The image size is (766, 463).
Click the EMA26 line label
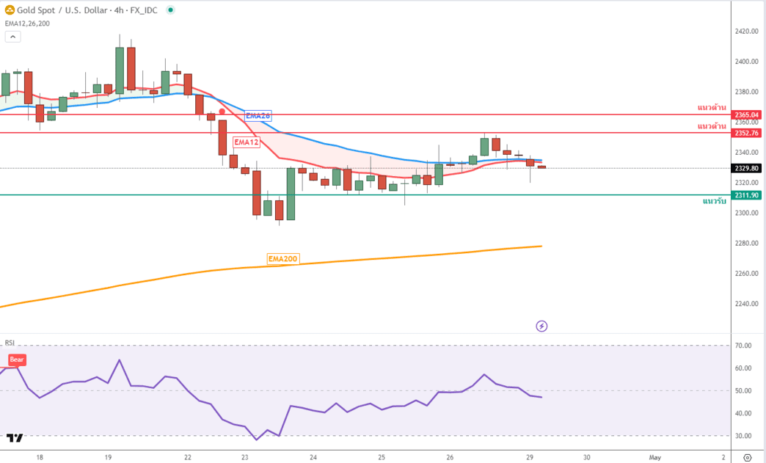point(258,116)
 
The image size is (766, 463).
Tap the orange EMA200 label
point(283,259)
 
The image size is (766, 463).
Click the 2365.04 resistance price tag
point(747,114)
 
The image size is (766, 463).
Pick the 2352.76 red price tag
point(747,133)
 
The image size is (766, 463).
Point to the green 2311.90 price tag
point(747,195)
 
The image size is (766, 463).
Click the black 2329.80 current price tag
point(747,168)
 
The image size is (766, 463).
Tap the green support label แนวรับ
point(714,201)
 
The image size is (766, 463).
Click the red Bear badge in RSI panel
point(17,360)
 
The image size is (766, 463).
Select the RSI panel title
point(10,343)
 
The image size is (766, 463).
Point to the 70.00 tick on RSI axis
point(743,346)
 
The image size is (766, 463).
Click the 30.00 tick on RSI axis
point(743,436)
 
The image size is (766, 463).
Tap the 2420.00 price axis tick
point(746,32)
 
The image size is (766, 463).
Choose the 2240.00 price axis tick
point(746,304)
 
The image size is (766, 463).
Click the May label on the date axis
point(655,457)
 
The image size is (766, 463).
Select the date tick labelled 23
point(245,457)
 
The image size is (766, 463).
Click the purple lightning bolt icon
point(541,326)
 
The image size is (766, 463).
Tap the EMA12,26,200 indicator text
point(27,23)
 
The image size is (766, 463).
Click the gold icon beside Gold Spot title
point(10,11)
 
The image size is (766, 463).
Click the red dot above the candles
point(222,112)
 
